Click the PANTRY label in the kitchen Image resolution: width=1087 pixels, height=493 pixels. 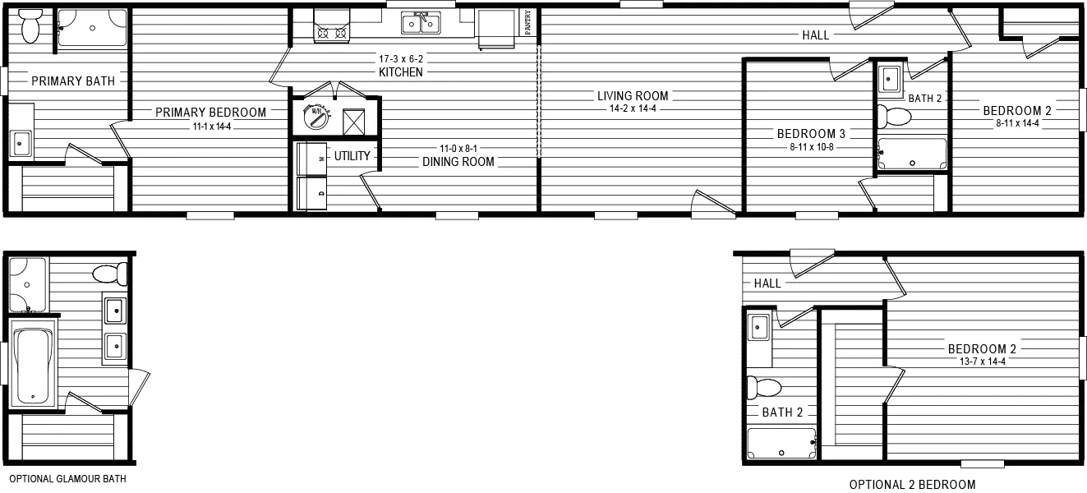tap(527, 22)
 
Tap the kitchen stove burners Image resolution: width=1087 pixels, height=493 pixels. tap(332, 33)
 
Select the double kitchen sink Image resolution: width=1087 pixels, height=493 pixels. tap(421, 23)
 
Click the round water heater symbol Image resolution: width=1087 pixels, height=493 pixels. tap(316, 117)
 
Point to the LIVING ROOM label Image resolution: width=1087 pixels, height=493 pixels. tap(633, 96)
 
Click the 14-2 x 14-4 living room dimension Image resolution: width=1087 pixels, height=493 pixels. tap(633, 108)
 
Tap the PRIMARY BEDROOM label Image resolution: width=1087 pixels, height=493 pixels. tap(210, 113)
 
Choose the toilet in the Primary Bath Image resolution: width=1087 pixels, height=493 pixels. tap(30, 25)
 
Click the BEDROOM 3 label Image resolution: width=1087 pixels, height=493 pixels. tap(811, 133)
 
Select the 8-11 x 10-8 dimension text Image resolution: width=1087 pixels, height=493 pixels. tap(812, 146)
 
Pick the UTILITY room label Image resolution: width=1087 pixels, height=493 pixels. tap(352, 156)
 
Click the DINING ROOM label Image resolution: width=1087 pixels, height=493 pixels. tap(458, 162)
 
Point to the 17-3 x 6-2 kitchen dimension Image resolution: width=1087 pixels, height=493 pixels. tap(401, 59)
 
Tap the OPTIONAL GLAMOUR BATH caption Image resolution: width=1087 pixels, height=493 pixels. tap(68, 479)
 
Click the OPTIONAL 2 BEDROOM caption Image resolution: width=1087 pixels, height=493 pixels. tap(912, 484)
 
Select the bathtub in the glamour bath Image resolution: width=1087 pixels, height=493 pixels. tap(33, 364)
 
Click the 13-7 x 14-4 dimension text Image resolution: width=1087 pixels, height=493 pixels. tap(982, 362)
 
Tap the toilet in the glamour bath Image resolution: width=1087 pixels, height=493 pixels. tap(110, 274)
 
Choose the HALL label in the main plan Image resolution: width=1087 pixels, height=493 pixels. tap(816, 35)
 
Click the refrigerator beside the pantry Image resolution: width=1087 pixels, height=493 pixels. tap(497, 28)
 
